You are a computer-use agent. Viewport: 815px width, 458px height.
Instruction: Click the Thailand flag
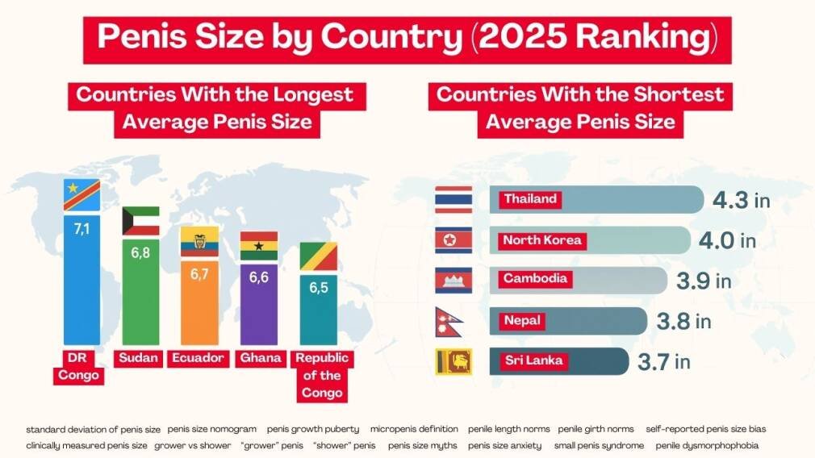(453, 199)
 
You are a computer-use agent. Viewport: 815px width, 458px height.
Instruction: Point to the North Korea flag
(453, 240)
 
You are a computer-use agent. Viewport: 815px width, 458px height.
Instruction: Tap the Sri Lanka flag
(453, 361)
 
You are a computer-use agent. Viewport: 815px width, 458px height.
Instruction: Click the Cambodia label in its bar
(536, 280)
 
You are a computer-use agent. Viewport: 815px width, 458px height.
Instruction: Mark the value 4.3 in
(741, 200)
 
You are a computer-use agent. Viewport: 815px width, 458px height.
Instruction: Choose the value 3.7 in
(663, 362)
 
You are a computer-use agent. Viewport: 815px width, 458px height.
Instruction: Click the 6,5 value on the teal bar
(318, 288)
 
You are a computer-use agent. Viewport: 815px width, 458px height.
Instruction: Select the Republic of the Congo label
(318, 376)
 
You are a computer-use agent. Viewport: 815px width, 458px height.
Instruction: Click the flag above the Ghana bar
(259, 246)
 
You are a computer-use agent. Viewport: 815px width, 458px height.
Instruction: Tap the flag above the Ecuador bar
(199, 241)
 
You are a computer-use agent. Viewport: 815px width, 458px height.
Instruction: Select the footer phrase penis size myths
(422, 445)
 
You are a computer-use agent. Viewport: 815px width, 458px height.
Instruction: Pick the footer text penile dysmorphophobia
(707, 445)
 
